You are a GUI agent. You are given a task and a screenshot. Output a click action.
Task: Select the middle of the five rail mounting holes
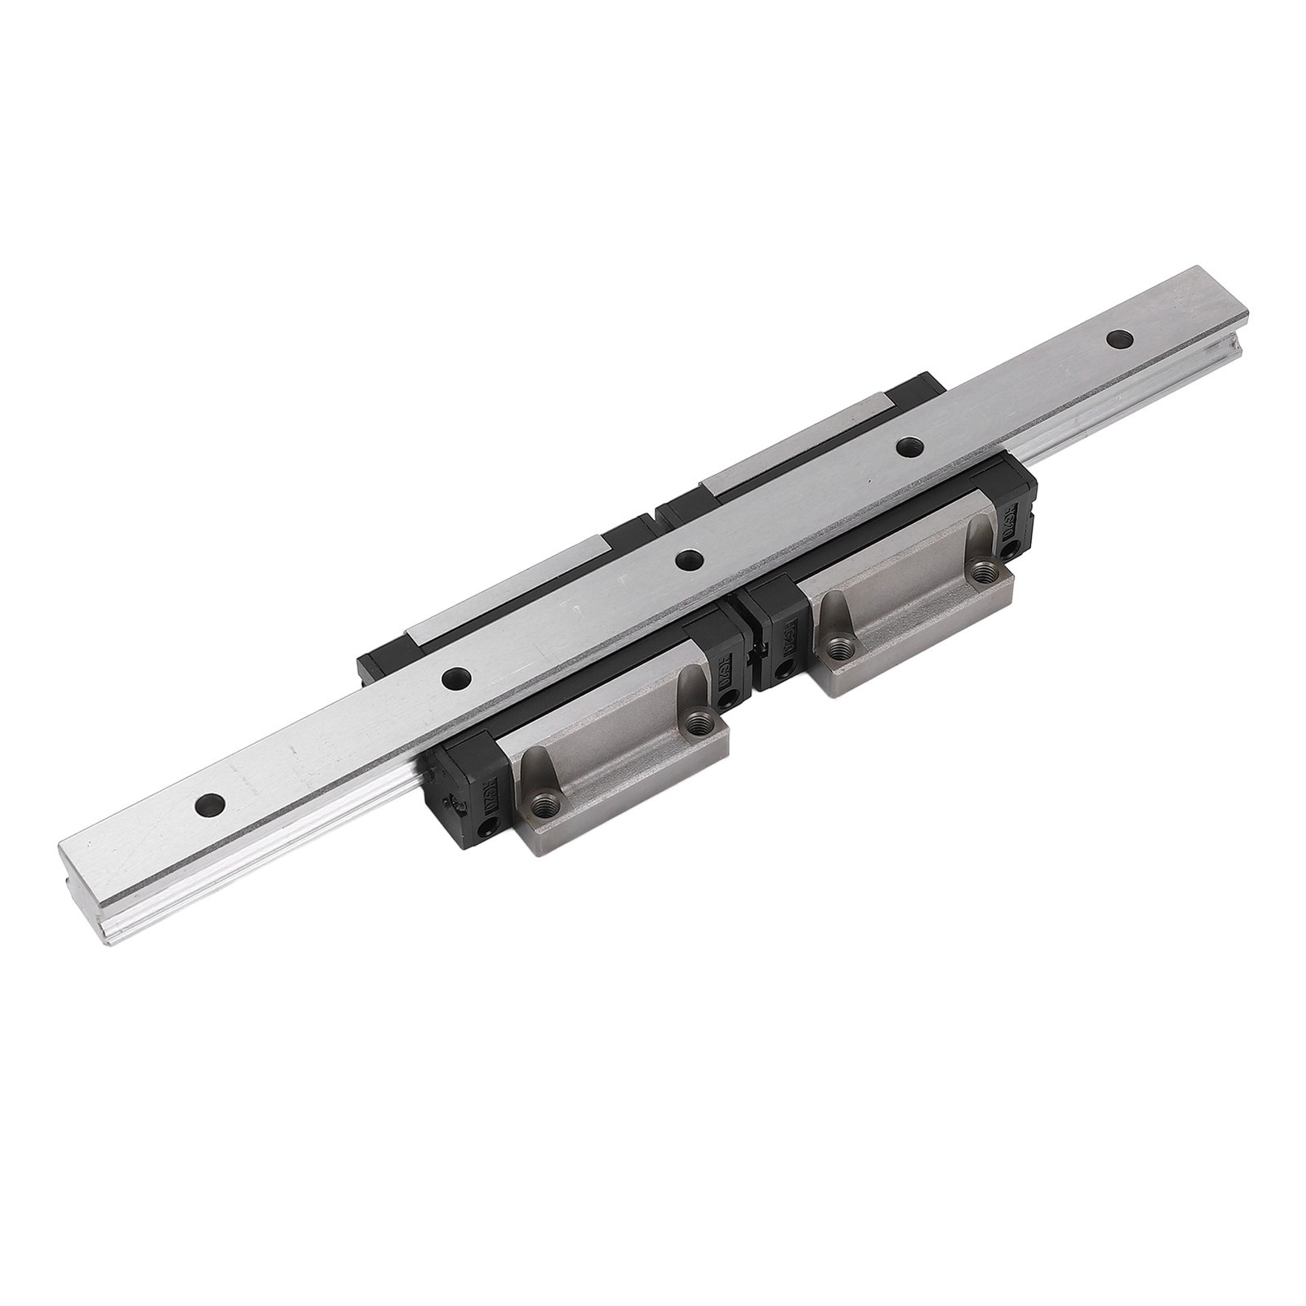[691, 560]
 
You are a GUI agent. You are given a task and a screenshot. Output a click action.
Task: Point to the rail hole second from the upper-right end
[907, 446]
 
